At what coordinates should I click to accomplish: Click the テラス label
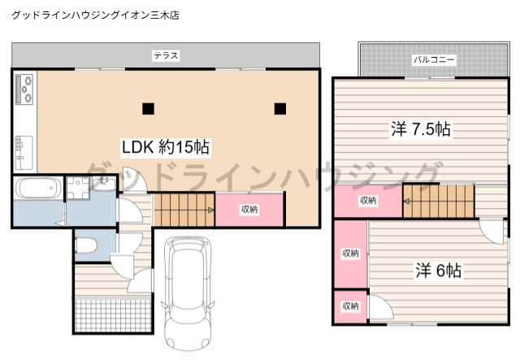pos(166,55)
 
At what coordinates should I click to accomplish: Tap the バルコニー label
pos(434,59)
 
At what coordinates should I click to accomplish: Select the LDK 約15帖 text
pos(166,147)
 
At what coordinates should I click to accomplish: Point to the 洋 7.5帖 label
pos(421,128)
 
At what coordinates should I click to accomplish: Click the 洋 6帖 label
pos(438,271)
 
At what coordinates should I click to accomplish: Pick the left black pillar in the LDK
pos(148,109)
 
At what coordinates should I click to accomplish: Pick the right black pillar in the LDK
pos(280,109)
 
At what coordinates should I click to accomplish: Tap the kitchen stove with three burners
pos(24,89)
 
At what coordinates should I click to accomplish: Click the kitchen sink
pos(24,152)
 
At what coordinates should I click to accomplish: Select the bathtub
pos(38,189)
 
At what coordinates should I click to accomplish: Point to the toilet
pos(86,246)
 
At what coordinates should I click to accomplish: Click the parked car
pos(188,293)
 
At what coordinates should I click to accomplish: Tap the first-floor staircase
pos(184,210)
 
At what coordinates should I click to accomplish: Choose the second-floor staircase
pos(439,201)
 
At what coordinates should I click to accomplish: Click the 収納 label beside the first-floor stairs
pos(249,210)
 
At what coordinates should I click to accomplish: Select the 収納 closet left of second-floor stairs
pos(368,201)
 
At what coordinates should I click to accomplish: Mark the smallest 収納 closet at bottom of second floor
pos(350,306)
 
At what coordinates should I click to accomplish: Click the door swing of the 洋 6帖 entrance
pos(492,231)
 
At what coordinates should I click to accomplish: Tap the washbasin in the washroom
pos(104,183)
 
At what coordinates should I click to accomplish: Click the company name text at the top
pos(96,15)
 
